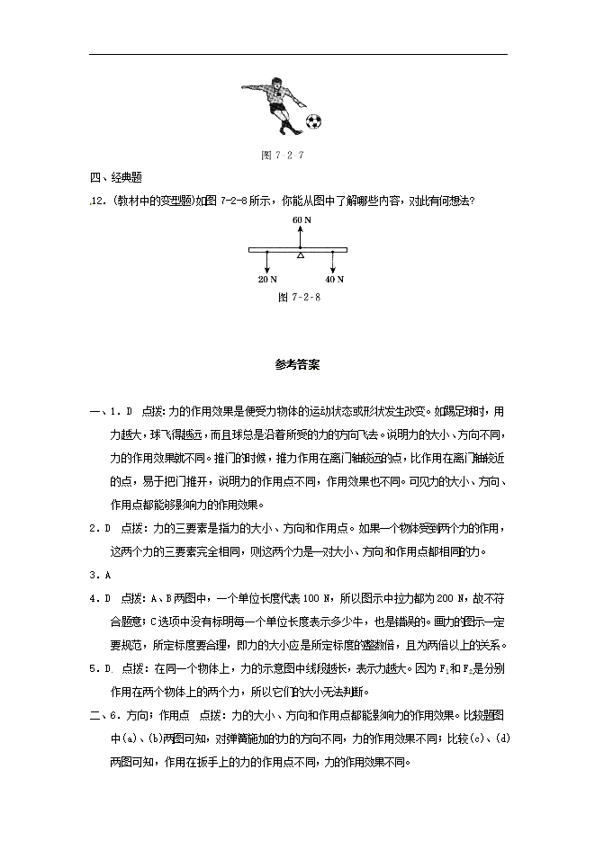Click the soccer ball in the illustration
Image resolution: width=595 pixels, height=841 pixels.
tap(312, 121)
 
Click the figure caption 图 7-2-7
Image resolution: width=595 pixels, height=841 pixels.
tap(283, 155)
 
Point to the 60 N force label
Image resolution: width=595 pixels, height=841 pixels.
tap(301, 219)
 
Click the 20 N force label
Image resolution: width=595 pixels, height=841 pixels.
tap(267, 280)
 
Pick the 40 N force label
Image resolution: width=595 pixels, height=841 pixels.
tap(334, 280)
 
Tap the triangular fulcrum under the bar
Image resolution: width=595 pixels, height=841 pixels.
tap(301, 256)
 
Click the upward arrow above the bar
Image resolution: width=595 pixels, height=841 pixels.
tap(301, 236)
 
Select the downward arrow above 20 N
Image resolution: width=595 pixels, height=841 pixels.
tap(267, 264)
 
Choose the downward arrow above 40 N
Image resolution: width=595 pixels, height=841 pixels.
tap(334, 264)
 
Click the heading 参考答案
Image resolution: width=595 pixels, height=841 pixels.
tap(296, 365)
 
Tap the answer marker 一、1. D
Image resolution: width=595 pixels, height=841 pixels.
tap(112, 411)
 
